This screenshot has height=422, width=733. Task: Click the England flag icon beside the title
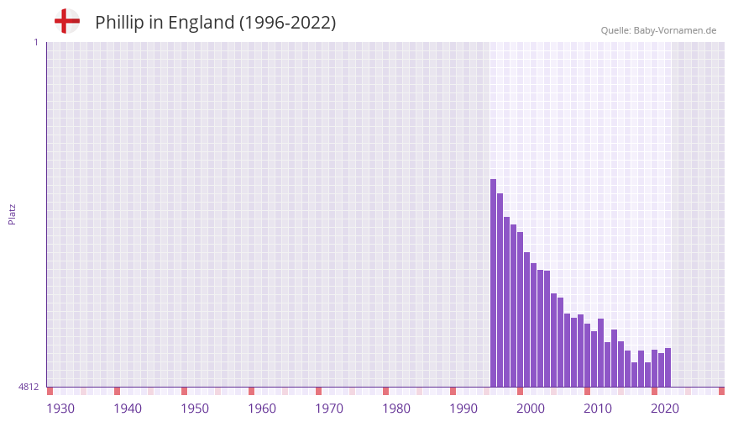point(66,22)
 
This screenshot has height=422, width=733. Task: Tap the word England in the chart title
point(201,23)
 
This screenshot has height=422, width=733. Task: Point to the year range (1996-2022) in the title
point(287,23)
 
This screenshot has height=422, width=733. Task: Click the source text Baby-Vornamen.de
point(675,30)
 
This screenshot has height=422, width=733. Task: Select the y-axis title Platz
point(12,214)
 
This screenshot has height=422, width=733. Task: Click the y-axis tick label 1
point(35,42)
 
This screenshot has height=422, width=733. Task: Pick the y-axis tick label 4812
point(29,388)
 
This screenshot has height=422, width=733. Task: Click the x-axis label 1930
point(60,409)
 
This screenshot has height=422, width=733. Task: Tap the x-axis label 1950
point(195,409)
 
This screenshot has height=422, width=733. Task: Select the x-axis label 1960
point(262,409)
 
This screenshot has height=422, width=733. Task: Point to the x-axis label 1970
point(329,409)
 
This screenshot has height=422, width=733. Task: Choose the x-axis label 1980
point(396,409)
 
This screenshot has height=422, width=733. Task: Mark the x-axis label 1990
point(463,409)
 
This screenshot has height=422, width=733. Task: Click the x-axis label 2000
point(531,409)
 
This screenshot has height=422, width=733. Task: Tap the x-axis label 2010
point(598,409)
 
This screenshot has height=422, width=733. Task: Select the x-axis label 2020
point(665,409)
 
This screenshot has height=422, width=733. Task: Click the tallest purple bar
point(494,282)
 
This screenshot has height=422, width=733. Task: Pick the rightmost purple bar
point(668,367)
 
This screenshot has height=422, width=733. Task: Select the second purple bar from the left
point(500,290)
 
